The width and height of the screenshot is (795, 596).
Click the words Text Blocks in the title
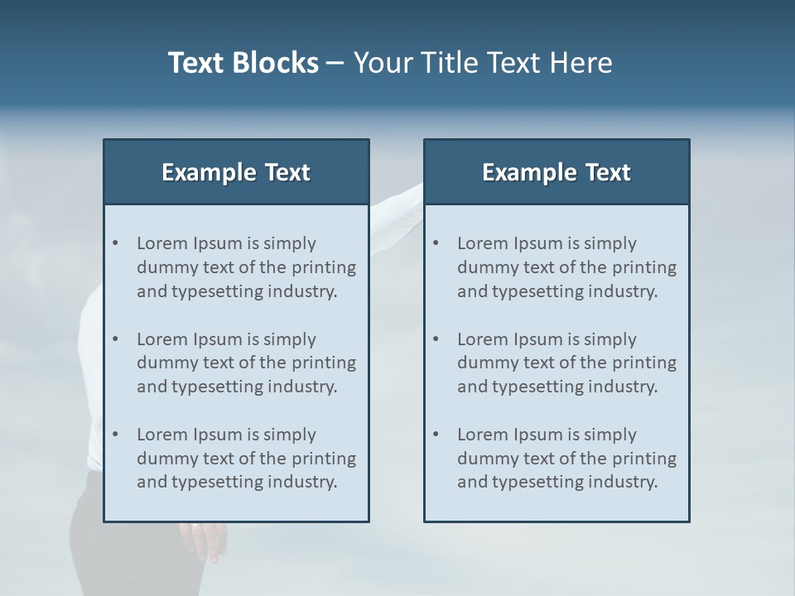point(243,63)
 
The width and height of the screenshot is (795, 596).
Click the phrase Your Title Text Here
point(483,63)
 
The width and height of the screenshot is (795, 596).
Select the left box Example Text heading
point(236,172)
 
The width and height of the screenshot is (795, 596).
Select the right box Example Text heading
point(556,172)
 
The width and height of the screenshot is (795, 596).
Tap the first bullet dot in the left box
point(115,243)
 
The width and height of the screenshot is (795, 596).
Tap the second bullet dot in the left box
point(115,339)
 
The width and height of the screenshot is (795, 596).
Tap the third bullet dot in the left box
point(115,435)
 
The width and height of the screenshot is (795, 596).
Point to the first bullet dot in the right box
point(436,243)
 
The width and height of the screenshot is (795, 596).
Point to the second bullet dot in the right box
point(436,339)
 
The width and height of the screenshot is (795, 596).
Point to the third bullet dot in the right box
point(436,435)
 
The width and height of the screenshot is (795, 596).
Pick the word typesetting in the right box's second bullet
point(539,387)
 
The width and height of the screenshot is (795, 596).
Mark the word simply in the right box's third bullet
point(610,435)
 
